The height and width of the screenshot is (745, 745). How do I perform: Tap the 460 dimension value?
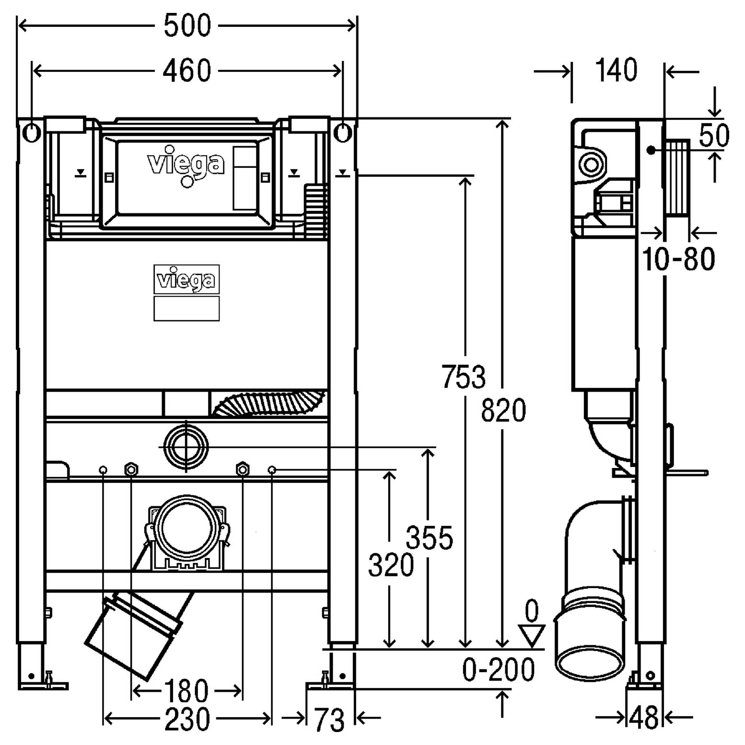[186, 71]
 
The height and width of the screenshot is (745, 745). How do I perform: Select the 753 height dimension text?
[463, 376]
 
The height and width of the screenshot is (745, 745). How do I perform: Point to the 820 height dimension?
[503, 410]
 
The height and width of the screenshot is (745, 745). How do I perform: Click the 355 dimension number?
[430, 537]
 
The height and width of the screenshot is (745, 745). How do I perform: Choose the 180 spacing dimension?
[186, 691]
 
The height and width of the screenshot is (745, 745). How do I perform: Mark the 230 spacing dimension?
[187, 719]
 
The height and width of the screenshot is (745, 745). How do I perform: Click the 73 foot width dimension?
[329, 720]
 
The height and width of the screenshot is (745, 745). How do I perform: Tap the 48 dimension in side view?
[643, 718]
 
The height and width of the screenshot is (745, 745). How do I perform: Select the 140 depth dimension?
[616, 70]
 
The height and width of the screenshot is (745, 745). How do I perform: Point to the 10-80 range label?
[678, 259]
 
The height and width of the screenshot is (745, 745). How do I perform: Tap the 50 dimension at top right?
[714, 135]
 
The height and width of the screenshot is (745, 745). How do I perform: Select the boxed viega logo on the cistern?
[186, 279]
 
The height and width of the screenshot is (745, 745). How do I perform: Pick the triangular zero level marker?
[532, 636]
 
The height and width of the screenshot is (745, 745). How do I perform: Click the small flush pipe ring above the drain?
[186, 447]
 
